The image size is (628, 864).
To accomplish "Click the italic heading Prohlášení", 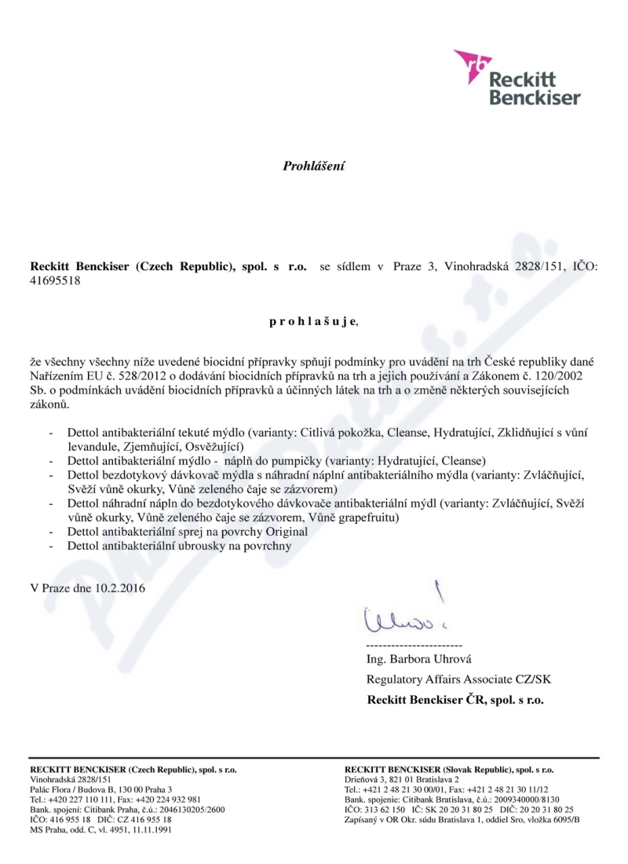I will tap(314, 166).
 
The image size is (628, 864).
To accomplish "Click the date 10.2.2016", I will tap(117, 587).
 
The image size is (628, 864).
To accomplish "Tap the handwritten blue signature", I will tap(397, 617).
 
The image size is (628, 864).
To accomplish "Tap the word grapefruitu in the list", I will tap(369, 518).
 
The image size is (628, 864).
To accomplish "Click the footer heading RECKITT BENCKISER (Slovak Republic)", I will tap(449, 770).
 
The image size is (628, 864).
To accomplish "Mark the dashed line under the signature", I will tap(414, 645).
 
